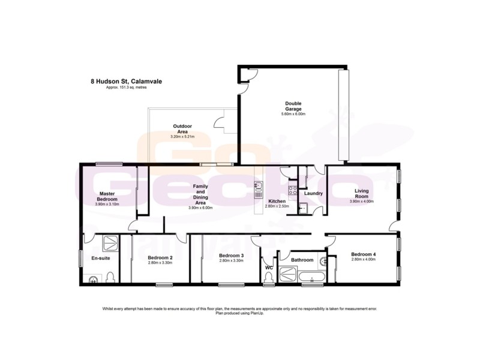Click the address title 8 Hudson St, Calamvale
(125, 81)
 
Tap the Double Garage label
(293, 106)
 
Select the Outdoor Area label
(182, 129)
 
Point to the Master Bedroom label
(107, 196)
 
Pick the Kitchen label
(277, 200)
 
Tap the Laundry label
(313, 193)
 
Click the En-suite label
(100, 258)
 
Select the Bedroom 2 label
(160, 258)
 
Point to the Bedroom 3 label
(230, 256)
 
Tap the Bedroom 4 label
(364, 254)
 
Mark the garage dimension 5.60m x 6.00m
(293, 114)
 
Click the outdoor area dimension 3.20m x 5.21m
(182, 137)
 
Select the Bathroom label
(302, 260)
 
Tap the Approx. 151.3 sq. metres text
(126, 88)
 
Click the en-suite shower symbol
(111, 243)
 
